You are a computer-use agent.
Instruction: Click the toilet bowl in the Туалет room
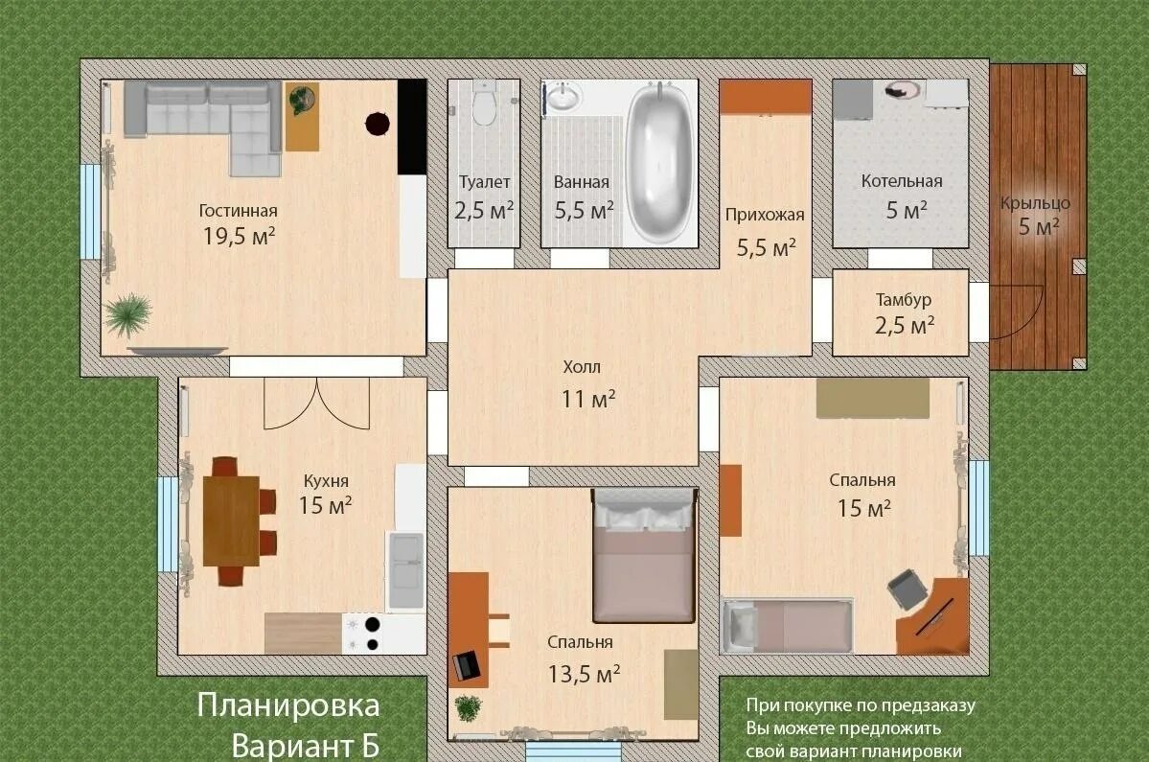(484, 105)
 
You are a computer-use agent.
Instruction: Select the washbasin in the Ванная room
(564, 98)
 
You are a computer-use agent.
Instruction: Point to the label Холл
(582, 367)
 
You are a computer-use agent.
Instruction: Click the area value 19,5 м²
(239, 236)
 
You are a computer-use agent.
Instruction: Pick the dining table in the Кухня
(230, 520)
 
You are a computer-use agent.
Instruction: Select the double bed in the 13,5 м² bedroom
(643, 556)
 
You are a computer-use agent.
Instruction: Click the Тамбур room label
(903, 300)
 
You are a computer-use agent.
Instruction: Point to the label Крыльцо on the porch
(1035, 203)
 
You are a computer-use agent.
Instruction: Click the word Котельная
(901, 181)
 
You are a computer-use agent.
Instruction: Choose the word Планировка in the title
(288, 706)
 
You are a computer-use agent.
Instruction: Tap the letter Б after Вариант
(372, 745)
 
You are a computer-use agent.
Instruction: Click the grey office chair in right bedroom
(907, 589)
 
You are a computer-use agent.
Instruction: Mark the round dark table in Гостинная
(377, 123)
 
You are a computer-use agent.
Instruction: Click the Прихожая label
(765, 215)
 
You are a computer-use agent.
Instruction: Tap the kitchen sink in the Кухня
(405, 570)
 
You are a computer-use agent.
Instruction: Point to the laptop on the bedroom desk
(468, 664)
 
